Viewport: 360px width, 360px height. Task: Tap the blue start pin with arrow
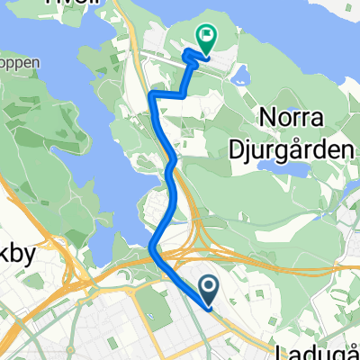pyautogui.click(x=209, y=290)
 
